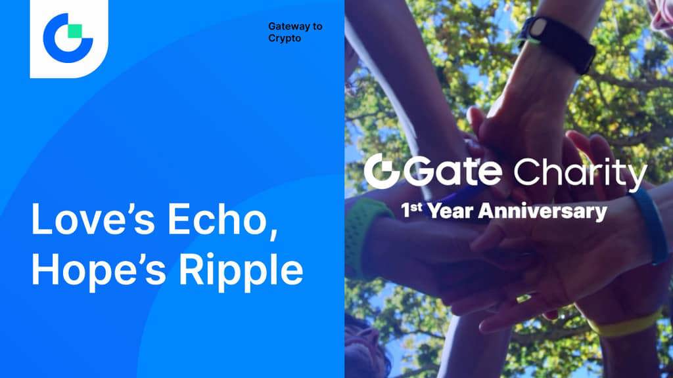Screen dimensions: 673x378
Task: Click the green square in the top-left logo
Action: tap(75, 31)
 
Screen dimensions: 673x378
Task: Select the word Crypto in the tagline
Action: tap(285, 38)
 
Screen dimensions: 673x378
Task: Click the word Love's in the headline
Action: tap(93, 219)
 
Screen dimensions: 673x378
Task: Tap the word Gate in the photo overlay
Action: tap(453, 172)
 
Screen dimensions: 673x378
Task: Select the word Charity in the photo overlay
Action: tap(580, 173)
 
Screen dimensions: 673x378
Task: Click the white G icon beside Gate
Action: tap(382, 171)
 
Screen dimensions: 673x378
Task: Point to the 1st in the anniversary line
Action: tap(411, 210)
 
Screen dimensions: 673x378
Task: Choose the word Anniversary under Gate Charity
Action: tap(542, 212)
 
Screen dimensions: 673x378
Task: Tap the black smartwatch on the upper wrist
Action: tap(557, 42)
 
